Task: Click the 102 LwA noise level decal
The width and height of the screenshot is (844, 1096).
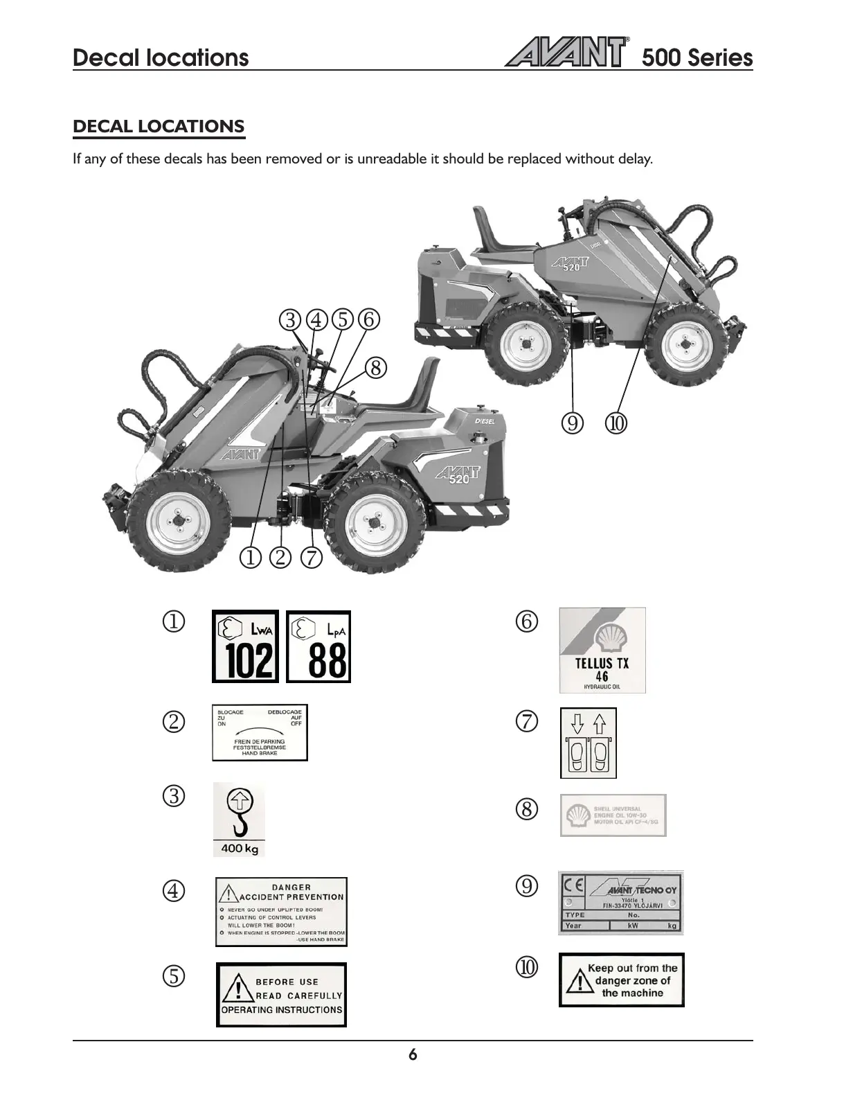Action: (245, 646)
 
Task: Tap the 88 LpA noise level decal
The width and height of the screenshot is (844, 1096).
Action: (318, 646)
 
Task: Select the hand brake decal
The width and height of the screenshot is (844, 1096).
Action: (260, 733)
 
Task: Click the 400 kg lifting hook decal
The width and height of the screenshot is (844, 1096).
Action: (239, 820)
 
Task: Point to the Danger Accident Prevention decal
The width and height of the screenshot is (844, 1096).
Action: (281, 912)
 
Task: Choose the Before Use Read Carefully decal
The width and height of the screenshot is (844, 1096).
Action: (281, 995)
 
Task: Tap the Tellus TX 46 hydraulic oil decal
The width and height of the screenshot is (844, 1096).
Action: (602, 651)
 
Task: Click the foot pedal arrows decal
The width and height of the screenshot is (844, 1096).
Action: (588, 743)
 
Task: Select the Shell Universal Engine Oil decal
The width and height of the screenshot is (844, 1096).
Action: (613, 815)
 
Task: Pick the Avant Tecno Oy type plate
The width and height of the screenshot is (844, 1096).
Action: (620, 903)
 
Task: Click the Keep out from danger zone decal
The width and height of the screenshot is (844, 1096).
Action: (621, 980)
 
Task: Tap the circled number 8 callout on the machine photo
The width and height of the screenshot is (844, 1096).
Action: (375, 367)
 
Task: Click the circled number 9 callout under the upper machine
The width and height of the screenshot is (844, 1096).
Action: (572, 423)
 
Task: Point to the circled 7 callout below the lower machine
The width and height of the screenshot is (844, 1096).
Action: (312, 558)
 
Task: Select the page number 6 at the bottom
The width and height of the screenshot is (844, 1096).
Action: (413, 1055)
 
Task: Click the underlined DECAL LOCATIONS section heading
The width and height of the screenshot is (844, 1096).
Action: (159, 127)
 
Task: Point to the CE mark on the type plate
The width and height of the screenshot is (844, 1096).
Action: (574, 887)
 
